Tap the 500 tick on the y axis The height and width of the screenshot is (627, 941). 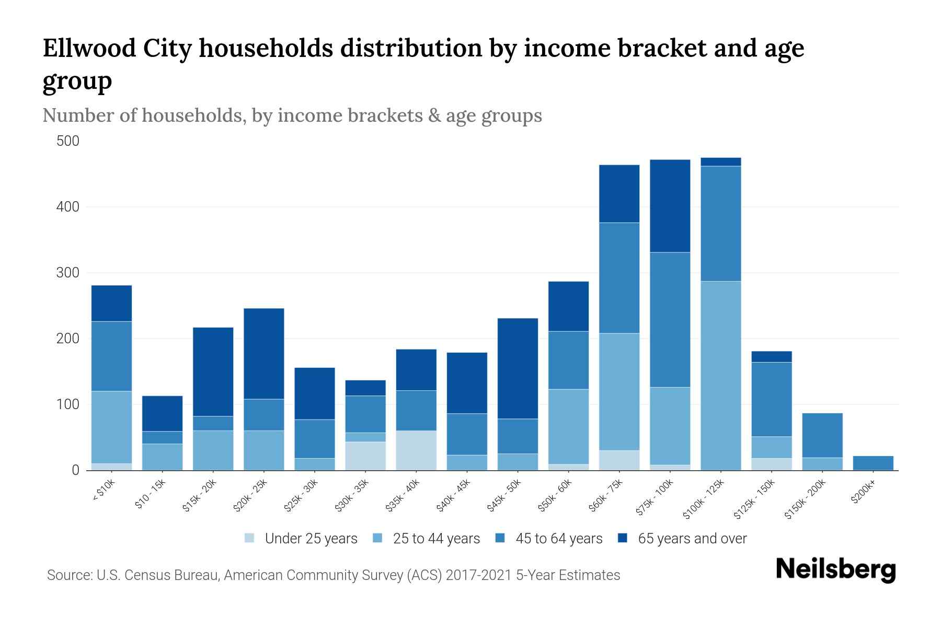[68, 141]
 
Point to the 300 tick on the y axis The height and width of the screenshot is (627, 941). [68, 273]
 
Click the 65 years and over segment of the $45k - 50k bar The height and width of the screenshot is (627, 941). [518, 368]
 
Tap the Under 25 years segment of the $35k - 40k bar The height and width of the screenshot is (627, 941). [416, 450]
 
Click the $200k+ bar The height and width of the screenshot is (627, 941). [873, 463]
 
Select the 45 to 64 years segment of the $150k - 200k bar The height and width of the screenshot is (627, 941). [822, 435]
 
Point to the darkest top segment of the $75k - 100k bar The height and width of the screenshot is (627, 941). [670, 206]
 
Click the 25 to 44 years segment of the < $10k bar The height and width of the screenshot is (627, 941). [111, 427]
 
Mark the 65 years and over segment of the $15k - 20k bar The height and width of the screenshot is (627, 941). [213, 371]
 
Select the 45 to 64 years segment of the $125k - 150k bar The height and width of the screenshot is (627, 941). [772, 399]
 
